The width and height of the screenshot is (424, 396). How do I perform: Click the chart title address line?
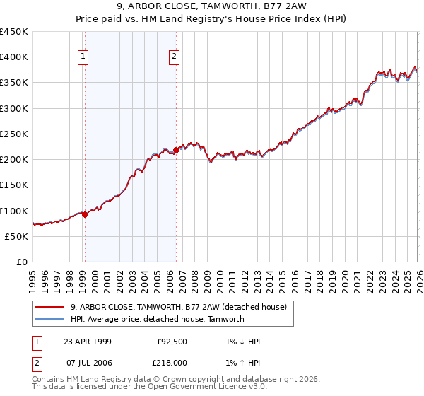pyautogui.click(x=212, y=7)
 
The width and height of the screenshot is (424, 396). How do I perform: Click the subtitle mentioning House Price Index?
pyautogui.click(x=212, y=19)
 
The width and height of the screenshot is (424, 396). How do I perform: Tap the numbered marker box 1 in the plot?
pyautogui.click(x=83, y=57)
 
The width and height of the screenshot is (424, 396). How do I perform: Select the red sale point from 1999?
pyautogui.click(x=85, y=214)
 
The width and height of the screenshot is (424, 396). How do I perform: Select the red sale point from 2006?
pyautogui.click(x=176, y=150)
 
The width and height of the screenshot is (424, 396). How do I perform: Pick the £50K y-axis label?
pyautogui.click(x=17, y=236)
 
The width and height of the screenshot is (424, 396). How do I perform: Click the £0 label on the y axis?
pyautogui.click(x=22, y=262)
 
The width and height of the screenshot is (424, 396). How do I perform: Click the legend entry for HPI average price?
pyautogui.click(x=157, y=319)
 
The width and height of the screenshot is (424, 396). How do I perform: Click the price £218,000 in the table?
pyautogui.click(x=172, y=362)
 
